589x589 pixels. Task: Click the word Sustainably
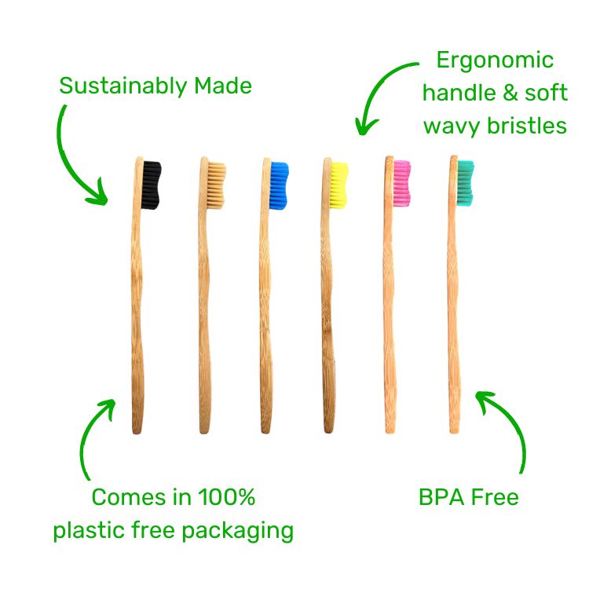pos(118,86)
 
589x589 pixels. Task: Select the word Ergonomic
pos(495,60)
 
